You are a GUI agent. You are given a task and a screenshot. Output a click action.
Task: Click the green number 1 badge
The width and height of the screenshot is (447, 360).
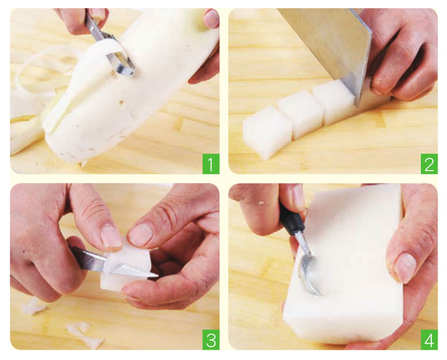pyautogui.click(x=211, y=164)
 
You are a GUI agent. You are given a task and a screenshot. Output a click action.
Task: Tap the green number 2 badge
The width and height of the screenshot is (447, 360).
pyautogui.click(x=429, y=164)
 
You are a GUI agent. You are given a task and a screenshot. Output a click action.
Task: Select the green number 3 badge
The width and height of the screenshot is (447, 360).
pyautogui.click(x=211, y=340)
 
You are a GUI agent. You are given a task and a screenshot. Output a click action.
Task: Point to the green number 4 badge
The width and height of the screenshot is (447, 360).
pyautogui.click(x=429, y=340)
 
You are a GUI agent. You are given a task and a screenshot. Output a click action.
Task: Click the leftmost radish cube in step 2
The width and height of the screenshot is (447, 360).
pyautogui.click(x=267, y=132)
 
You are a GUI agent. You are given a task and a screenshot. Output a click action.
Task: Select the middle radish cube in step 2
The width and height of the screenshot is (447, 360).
pyautogui.click(x=299, y=112)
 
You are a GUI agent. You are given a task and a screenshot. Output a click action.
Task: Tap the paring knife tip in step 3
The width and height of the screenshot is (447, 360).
pyautogui.click(x=157, y=276)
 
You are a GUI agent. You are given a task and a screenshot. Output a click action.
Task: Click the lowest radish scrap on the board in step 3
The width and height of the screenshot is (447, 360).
pyautogui.click(x=86, y=335)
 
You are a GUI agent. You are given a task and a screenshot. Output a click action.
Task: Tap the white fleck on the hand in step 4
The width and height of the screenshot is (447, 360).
pyautogui.click(x=260, y=203)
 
